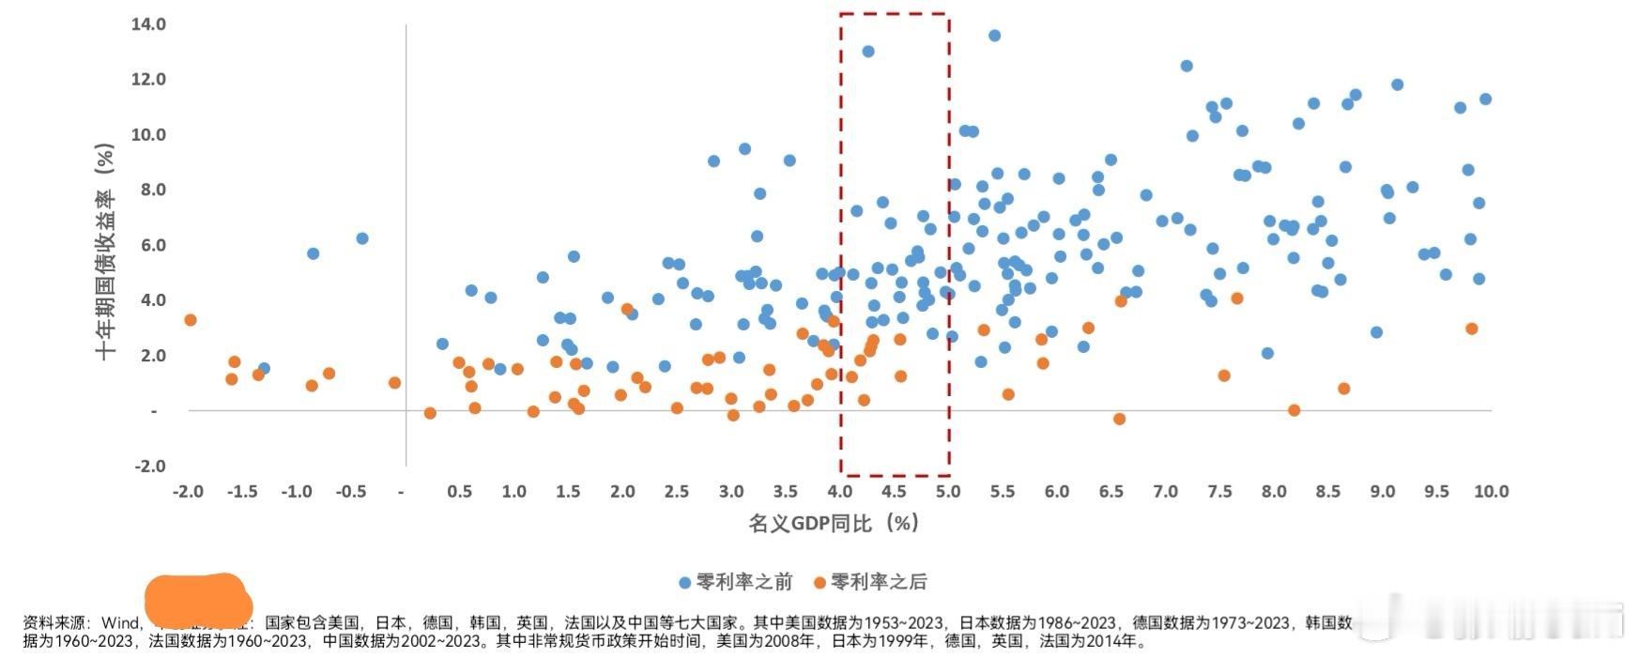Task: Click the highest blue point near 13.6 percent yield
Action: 994,36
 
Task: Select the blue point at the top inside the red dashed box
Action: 868,52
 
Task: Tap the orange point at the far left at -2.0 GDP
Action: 190,320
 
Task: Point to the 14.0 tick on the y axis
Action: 148,24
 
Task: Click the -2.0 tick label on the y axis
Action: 148,467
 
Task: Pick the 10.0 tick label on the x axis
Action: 1491,491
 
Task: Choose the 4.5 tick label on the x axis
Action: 894,491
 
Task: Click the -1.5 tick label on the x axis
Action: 241,491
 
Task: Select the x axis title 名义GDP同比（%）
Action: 834,523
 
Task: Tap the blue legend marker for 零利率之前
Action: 685,583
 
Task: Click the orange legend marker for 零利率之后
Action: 819,583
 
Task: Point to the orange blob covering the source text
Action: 198,601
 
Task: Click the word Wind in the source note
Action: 120,622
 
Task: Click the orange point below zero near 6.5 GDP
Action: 1119,419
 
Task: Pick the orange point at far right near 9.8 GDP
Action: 1471,329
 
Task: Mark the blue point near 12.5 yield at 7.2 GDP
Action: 1186,66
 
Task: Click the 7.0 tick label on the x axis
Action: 1165,491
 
